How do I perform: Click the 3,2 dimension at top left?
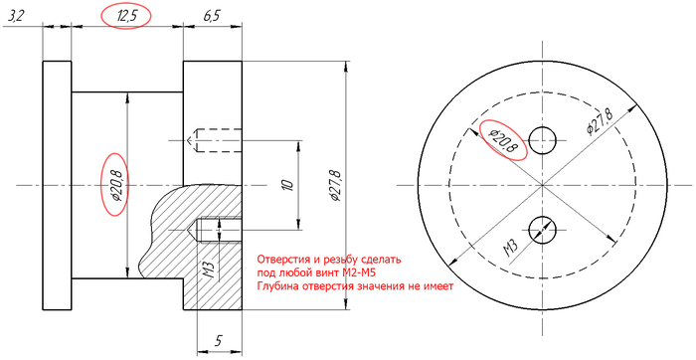pos(17,17)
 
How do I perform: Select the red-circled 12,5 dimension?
pos(125,17)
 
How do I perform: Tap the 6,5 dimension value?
pos(211,17)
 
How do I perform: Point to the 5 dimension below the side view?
pos(218,340)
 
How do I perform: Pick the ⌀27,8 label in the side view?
pos(336,186)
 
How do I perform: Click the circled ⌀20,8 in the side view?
pos(116,185)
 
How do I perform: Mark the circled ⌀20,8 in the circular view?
pos(504,140)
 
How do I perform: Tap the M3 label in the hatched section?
pos(210,270)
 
